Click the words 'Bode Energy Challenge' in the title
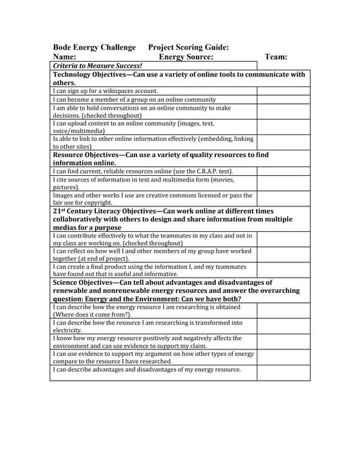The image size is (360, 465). pyautogui.click(x=94, y=47)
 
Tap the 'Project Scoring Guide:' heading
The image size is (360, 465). pyautogui.click(x=188, y=47)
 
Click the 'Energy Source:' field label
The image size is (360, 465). pyautogui.click(x=186, y=57)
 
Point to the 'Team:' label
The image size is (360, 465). pyautogui.click(x=276, y=57)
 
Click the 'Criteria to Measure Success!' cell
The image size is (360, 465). pyautogui.click(x=97, y=65)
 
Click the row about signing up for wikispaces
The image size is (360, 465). pyautogui.click(x=105, y=92)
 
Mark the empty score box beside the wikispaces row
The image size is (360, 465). pyautogui.click(x=283, y=92)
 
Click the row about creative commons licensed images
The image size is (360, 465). pyautogui.click(x=153, y=199)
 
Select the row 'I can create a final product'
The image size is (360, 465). pyautogui.click(x=153, y=270)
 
